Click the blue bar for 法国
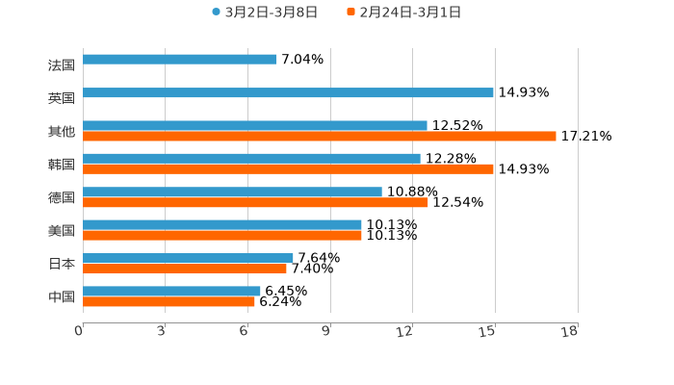[x=180, y=60]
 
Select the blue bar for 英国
[x=288, y=93]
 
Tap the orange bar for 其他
[x=320, y=137]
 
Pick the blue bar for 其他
[x=255, y=126]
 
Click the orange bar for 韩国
[x=288, y=169]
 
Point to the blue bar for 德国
[x=232, y=192]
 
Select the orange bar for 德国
[x=255, y=203]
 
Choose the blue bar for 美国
[x=222, y=225]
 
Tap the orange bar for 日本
[x=185, y=269]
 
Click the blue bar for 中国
[x=171, y=291]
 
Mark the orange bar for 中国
[x=168, y=301]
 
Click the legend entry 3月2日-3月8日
[x=265, y=13]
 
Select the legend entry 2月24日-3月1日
[x=403, y=13]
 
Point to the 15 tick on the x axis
[x=489, y=331]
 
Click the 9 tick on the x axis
[x=326, y=331]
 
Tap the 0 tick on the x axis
[x=79, y=331]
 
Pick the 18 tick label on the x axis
[x=570, y=331]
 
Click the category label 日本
[x=62, y=264]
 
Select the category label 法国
[x=62, y=65]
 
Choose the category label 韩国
[x=62, y=165]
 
